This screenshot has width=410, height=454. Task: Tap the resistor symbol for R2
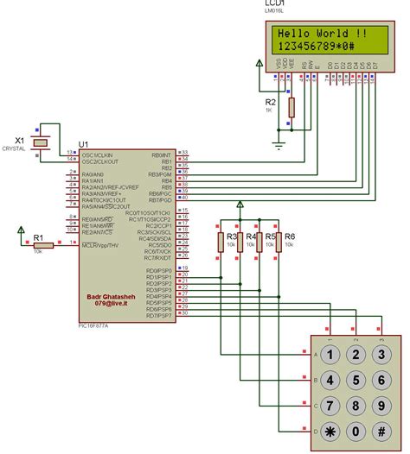point(291,107)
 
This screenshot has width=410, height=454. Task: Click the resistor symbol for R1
point(43,245)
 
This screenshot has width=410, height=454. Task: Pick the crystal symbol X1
point(39,141)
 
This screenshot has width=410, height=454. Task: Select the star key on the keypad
point(330,431)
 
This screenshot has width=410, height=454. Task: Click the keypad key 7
point(330,406)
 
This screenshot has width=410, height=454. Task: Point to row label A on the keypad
point(314,355)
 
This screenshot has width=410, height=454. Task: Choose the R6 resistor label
point(291,236)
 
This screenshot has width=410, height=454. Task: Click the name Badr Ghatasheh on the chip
point(112,296)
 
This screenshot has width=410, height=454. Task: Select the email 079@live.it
point(112,304)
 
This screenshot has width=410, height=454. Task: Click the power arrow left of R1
point(22,230)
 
